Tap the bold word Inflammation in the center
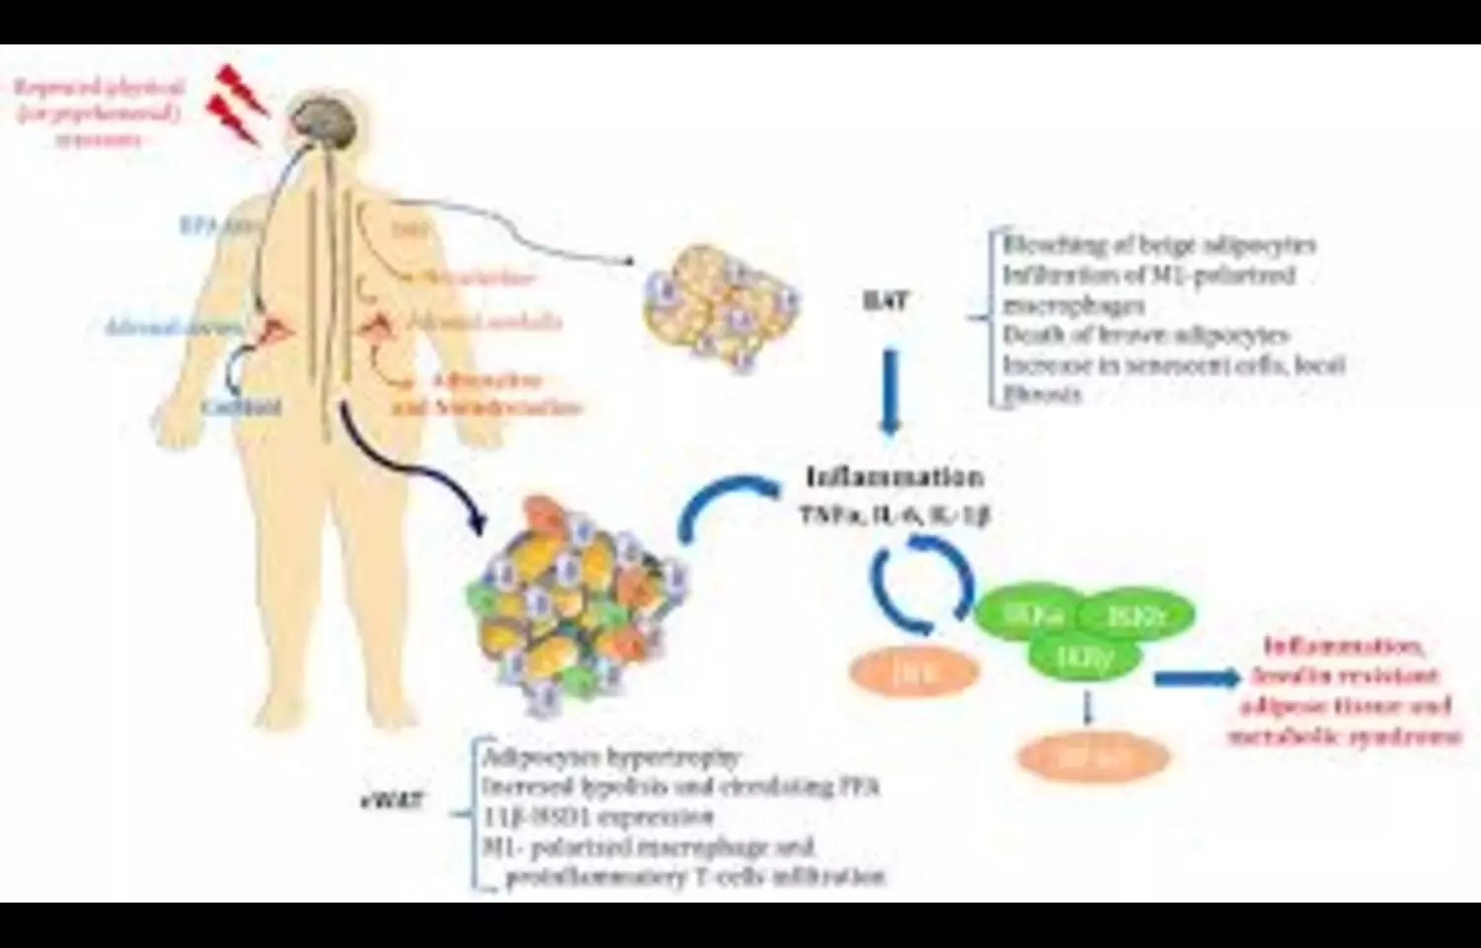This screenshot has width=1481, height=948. tap(895, 477)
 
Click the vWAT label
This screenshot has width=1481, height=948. tap(391, 800)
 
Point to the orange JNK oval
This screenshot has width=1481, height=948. tap(914, 673)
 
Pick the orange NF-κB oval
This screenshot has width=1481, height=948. tap(1094, 758)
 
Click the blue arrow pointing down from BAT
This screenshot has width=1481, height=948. tap(891, 390)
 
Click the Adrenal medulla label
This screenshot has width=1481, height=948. tap(485, 322)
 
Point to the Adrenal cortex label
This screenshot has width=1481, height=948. tap(174, 326)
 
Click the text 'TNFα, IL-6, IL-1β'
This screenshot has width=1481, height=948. tap(895, 514)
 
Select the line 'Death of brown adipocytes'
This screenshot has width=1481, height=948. tap(1146, 335)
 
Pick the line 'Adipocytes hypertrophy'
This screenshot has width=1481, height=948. tap(611, 758)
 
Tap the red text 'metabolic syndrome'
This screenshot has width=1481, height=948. tap(1344, 736)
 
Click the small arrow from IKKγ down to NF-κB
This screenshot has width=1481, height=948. tap(1087, 707)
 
